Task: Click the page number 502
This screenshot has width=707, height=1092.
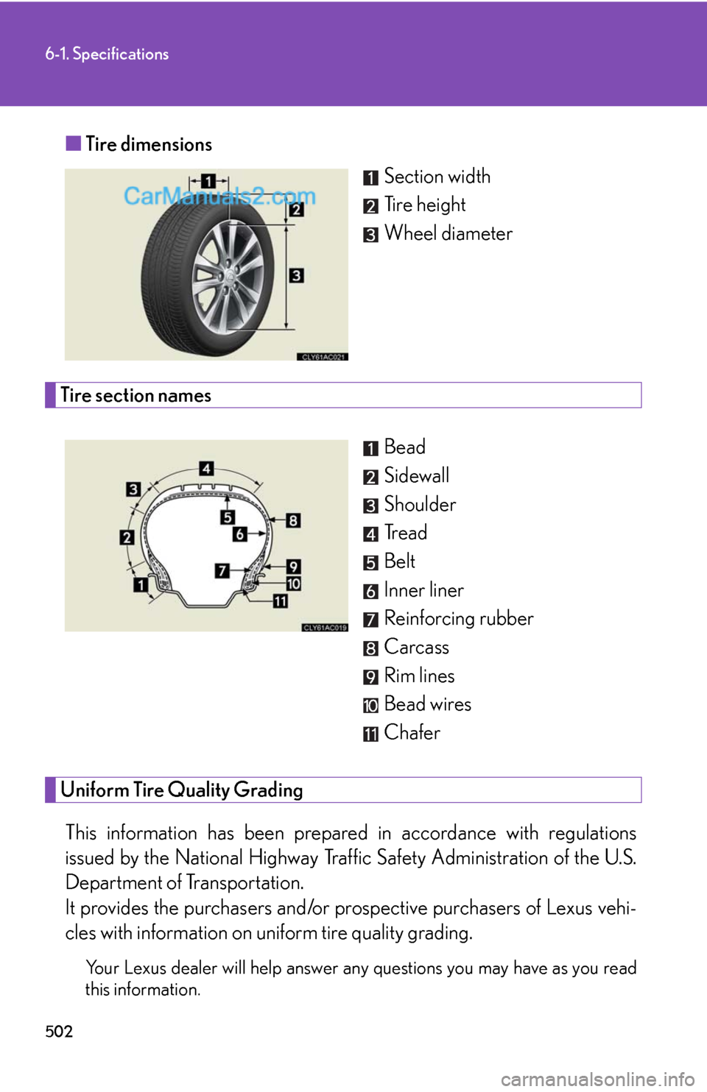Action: [59, 1030]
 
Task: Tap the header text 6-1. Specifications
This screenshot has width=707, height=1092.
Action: [107, 54]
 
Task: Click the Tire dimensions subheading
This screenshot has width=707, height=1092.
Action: [148, 144]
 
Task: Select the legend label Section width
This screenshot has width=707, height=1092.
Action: [437, 177]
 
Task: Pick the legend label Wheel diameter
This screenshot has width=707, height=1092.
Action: [448, 233]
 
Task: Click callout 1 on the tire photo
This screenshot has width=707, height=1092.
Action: [208, 181]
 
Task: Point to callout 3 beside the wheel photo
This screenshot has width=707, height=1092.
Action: [296, 275]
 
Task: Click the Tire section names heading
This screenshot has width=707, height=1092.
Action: [136, 395]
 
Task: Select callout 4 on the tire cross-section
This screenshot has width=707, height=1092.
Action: [207, 468]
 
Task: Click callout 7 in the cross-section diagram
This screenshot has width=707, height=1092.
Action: [222, 570]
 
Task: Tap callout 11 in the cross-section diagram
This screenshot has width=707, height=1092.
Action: [281, 601]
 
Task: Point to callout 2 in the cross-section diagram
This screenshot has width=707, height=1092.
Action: [127, 537]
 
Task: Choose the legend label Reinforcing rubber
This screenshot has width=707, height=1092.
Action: [458, 619]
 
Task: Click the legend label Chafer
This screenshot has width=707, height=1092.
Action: [412, 733]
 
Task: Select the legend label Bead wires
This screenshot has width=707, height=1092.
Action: [427, 704]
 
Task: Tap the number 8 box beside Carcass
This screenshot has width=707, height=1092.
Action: [370, 648]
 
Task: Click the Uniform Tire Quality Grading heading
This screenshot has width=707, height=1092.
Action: [181, 790]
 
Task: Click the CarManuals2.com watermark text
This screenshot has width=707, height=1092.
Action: [219, 196]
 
